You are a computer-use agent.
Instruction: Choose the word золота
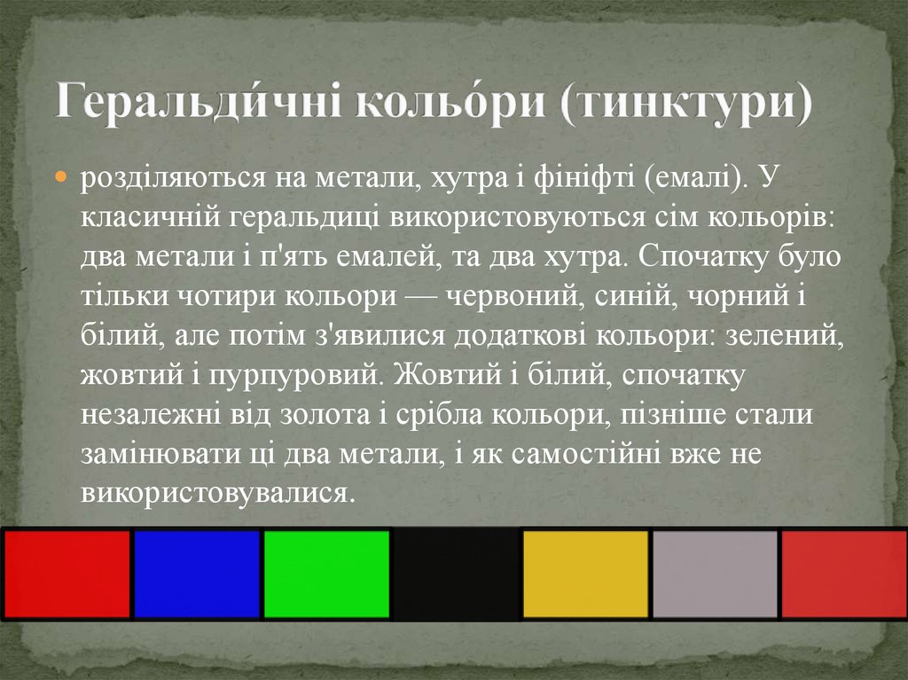pos(311,414)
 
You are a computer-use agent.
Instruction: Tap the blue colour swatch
pos(196,574)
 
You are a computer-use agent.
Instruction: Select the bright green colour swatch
pos(326,574)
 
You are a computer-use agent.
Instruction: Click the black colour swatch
pos(456,574)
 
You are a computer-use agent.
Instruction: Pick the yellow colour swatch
pos(585,574)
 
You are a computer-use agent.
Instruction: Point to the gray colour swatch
pos(715,574)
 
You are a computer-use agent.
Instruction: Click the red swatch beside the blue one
pos(67,574)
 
